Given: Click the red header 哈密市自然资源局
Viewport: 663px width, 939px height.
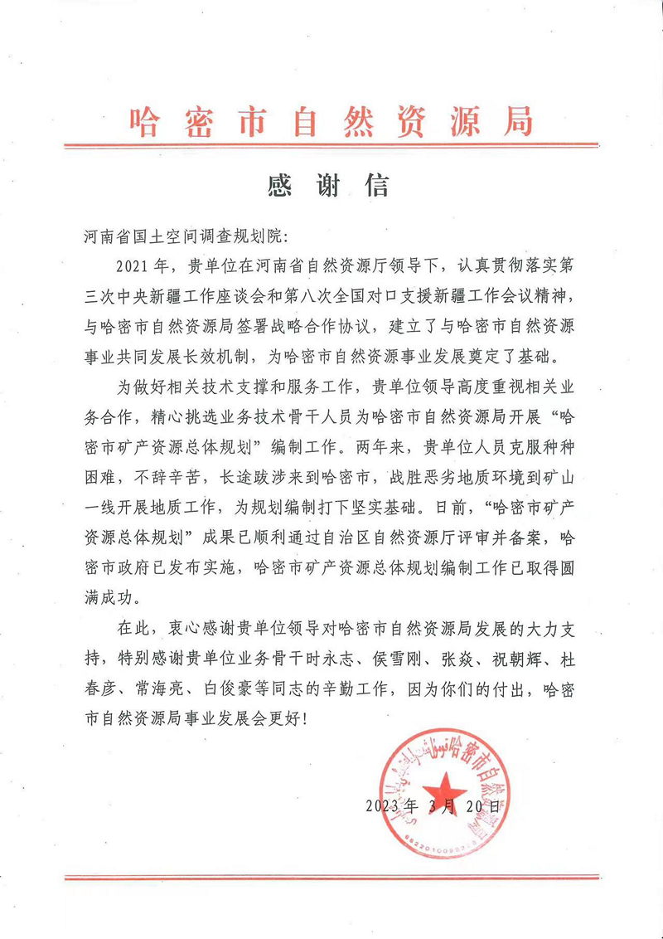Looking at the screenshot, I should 331,122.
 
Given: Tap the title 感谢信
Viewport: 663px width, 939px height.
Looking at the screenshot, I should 329,184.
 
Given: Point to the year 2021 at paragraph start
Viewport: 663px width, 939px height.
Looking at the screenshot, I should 138,267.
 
